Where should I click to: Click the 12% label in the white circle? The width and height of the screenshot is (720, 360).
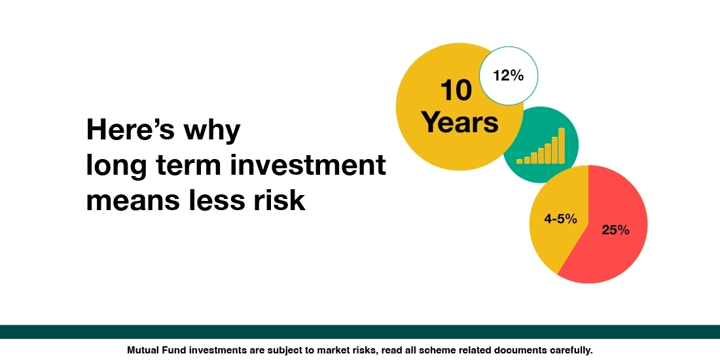(x=509, y=76)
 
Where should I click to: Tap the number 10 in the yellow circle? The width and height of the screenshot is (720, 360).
(x=456, y=91)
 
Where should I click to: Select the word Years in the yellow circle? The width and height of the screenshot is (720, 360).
(x=459, y=122)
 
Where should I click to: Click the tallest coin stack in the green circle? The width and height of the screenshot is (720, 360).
(x=562, y=145)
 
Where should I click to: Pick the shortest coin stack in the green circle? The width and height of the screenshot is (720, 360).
(x=520, y=160)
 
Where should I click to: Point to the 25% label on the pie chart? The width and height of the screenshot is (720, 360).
(x=615, y=230)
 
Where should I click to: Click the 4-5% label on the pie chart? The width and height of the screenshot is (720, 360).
(x=560, y=219)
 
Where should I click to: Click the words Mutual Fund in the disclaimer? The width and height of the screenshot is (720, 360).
(x=154, y=350)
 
